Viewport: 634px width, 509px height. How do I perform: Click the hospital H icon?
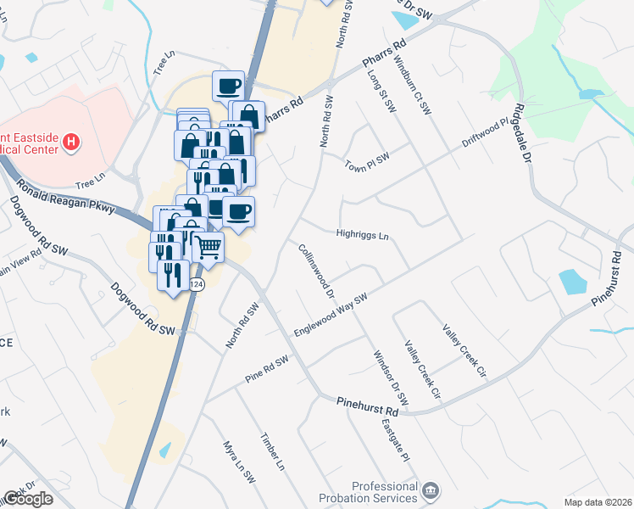[x=72, y=142]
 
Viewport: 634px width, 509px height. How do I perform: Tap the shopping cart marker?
[x=208, y=248]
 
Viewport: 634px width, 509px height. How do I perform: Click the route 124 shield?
[x=197, y=283]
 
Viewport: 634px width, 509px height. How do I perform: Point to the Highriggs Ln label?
[x=362, y=235]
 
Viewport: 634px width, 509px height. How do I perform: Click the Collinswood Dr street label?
[x=317, y=271]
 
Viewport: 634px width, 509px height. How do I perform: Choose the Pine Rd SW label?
[x=267, y=370]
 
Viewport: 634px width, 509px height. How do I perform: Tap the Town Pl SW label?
[x=367, y=160]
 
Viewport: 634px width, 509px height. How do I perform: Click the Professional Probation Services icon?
[x=431, y=490]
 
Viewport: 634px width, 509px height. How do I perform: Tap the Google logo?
[x=28, y=499]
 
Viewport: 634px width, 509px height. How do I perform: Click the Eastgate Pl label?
[x=395, y=440]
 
